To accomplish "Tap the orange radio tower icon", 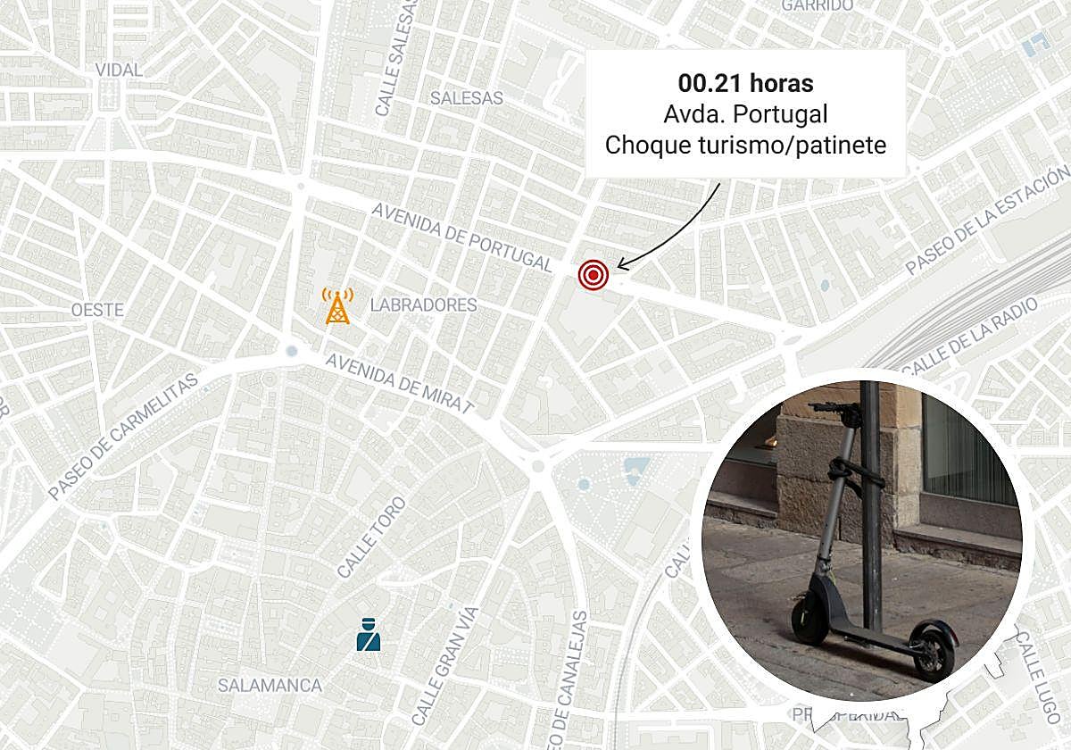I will click(x=337, y=306).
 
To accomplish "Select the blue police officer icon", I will click(x=367, y=635).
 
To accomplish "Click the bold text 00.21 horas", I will click(x=745, y=84).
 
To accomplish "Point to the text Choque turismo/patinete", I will click(x=745, y=145).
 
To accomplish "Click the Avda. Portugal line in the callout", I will click(x=745, y=114).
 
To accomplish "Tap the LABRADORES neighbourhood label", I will click(x=424, y=305).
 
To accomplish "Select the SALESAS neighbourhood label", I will click(x=466, y=98).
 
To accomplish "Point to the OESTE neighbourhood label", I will click(x=98, y=310).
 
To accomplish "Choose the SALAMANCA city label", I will click(x=270, y=686).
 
